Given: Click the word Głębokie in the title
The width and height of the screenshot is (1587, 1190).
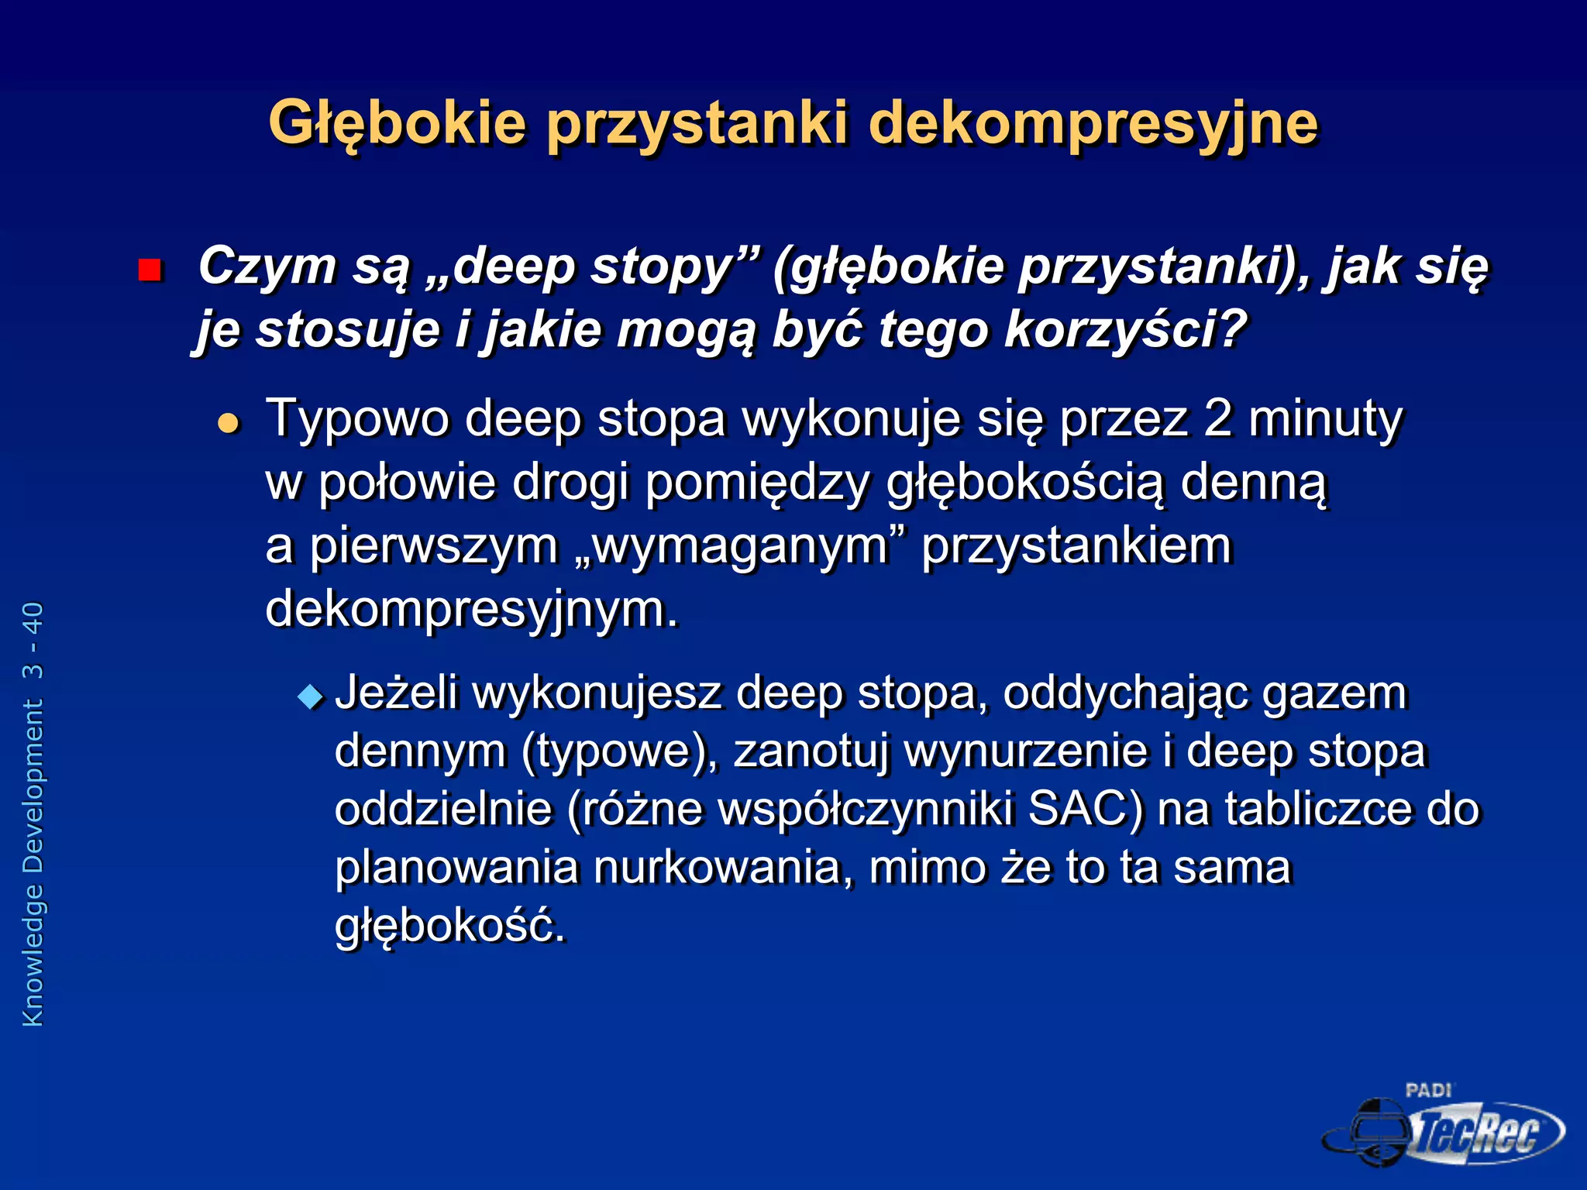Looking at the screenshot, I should click(397, 124).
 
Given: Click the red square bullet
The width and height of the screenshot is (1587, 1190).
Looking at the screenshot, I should click(150, 270).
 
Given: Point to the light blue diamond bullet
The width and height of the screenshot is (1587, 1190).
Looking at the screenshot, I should click(311, 696).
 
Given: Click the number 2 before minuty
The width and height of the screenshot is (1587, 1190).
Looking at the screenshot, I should click(1218, 418).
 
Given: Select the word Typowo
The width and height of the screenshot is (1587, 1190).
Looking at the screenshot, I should click(357, 420).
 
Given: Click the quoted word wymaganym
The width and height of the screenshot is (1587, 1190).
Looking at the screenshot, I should click(740, 547).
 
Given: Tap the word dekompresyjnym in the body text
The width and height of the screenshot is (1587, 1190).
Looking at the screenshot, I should click(471, 610).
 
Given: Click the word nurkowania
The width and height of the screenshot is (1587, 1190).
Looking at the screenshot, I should click(718, 867).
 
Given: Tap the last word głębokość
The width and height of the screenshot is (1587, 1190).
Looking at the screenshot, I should click(449, 926).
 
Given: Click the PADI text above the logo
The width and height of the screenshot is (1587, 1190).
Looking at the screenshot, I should click(1427, 1091).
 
